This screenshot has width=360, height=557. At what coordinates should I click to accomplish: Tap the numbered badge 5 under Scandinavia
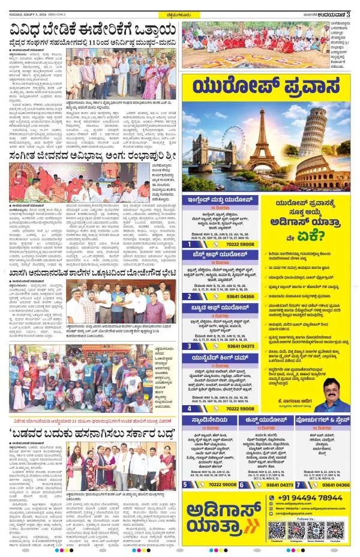[185, 484]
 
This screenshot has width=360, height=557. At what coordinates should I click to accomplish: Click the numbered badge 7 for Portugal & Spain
[298, 484]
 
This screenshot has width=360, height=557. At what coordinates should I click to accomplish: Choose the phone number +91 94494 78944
[318, 498]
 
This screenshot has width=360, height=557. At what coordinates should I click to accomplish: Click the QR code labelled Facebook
[277, 530]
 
